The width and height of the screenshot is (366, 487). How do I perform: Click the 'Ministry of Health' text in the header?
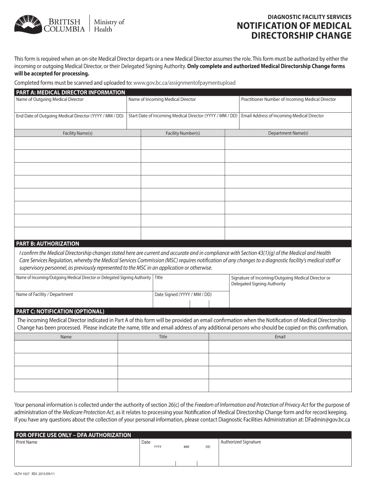click(109, 25)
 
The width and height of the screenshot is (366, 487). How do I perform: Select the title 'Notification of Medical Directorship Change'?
click(294, 30)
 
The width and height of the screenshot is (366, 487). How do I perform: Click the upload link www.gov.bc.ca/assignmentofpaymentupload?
click(184, 83)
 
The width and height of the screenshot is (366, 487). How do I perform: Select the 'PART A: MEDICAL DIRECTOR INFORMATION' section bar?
click(70, 92)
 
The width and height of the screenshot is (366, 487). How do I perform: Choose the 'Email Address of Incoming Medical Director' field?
click(295, 121)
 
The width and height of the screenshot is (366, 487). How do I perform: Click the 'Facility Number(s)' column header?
click(183, 133)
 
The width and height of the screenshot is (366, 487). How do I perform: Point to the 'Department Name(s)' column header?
click(288, 133)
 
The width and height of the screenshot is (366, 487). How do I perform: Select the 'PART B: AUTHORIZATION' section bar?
click(48, 243)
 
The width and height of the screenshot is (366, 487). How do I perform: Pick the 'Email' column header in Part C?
click(280, 337)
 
